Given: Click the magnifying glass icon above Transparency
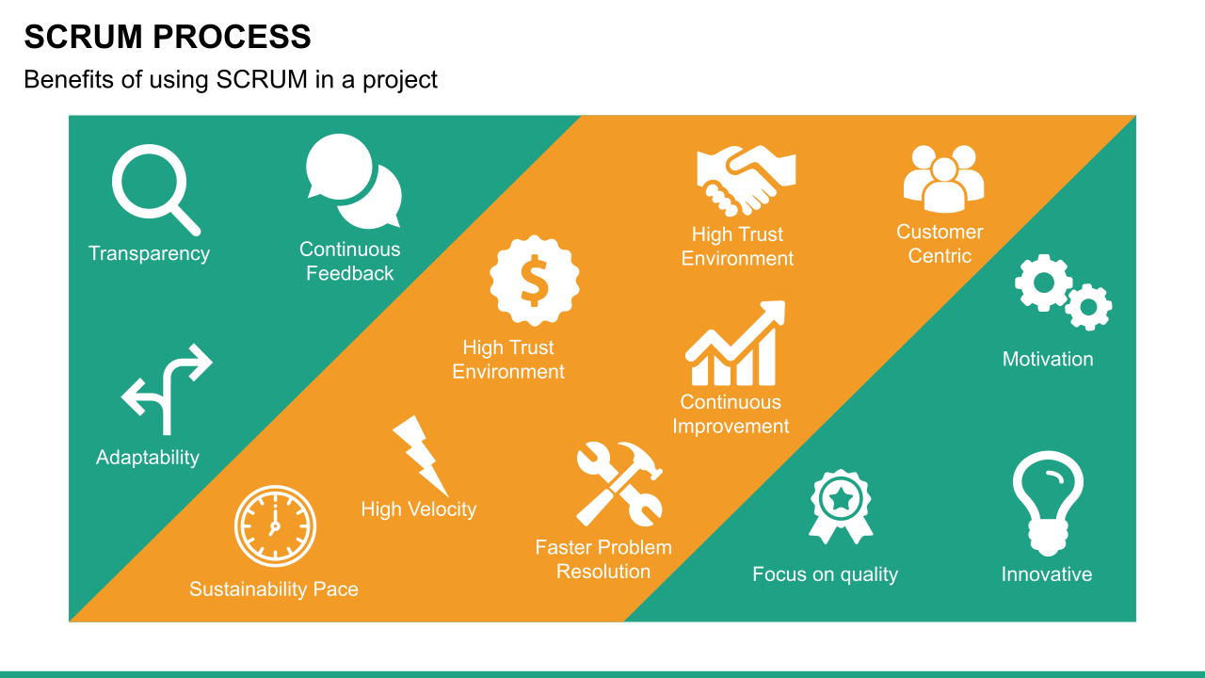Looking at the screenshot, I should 153,188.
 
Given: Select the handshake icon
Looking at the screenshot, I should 747,180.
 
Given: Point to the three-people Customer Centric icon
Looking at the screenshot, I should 943,177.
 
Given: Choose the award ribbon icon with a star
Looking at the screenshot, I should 840,507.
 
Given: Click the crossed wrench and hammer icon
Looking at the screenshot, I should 619,484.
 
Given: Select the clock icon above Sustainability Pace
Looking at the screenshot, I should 275,525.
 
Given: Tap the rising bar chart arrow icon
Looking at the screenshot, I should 735,344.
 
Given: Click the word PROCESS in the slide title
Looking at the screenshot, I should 232,38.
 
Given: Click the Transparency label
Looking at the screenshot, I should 149,253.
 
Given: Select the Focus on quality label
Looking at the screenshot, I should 825,574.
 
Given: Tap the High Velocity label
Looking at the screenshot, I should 418,509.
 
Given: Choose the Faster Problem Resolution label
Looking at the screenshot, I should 603,559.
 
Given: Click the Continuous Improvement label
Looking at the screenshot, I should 731,414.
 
